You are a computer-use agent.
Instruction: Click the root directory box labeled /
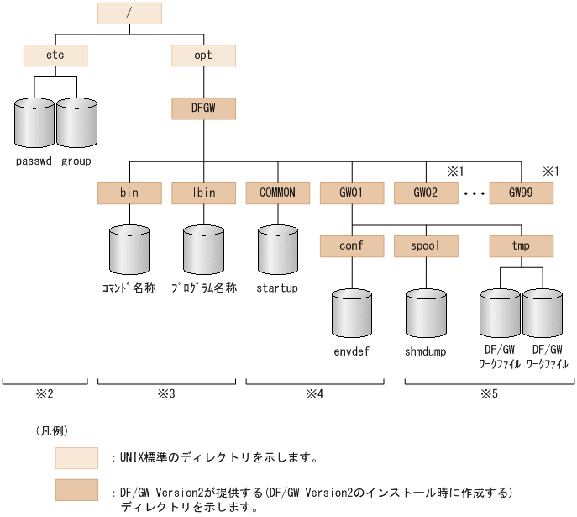coord(129,13)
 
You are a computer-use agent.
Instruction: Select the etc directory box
coord(55,56)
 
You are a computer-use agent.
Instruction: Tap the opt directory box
coord(203,56)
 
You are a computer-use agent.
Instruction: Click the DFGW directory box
coord(203,108)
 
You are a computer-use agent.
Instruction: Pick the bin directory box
coord(129,193)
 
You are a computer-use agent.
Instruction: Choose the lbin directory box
coord(203,193)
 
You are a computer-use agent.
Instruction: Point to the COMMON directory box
coord(277,193)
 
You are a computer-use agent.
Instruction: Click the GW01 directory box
coord(352,193)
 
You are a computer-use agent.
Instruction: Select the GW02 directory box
coord(426,193)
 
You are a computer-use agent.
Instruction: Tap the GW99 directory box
coord(522,193)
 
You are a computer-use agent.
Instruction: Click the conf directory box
coord(352,246)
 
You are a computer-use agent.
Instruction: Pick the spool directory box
coord(426,246)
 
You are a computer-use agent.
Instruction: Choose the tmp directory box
coord(522,246)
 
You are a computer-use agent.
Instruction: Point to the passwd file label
coord(34,161)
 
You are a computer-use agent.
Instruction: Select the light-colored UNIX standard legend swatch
coord(76,458)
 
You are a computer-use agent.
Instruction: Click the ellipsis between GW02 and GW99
coord(474,194)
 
